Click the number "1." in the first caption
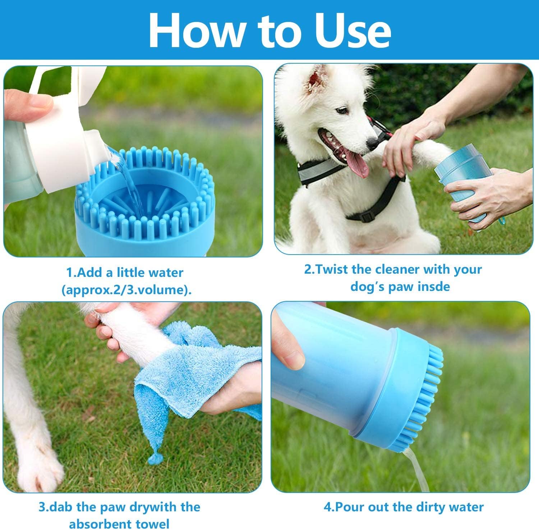tap(71, 273)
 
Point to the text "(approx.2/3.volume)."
tap(126, 290)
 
